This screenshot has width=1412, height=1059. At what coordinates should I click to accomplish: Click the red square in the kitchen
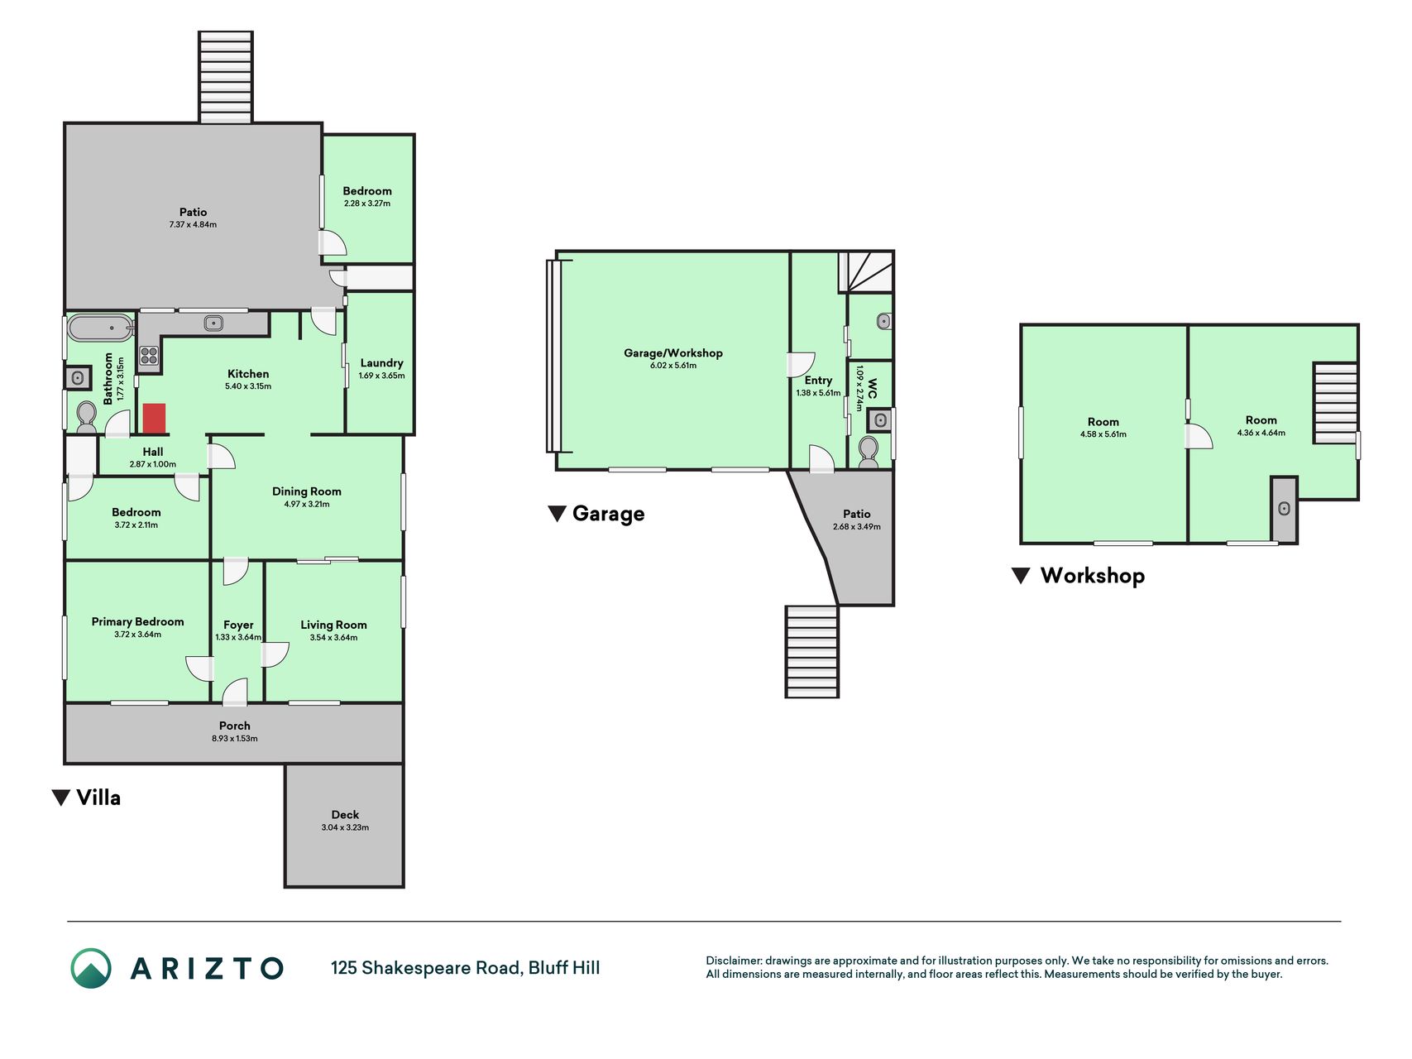[x=154, y=418]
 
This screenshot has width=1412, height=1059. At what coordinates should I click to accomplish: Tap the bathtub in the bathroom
[x=100, y=328]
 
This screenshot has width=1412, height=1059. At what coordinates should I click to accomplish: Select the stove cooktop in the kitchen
[x=149, y=356]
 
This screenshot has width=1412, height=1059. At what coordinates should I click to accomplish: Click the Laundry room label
[x=381, y=363]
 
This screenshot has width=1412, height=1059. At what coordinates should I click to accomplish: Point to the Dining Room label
[x=307, y=491]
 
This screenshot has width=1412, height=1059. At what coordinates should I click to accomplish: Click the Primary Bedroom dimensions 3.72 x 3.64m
[x=138, y=635]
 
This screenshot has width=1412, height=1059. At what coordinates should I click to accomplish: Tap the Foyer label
[x=238, y=625]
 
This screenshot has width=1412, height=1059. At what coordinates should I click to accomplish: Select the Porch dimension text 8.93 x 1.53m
[x=235, y=739]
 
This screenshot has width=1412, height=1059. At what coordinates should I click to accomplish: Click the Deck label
[x=345, y=815]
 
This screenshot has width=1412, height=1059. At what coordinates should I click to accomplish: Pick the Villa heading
[x=98, y=798]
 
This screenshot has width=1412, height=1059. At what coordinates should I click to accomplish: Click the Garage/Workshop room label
[x=673, y=353]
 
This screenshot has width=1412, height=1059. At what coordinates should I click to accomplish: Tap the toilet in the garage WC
[x=868, y=453]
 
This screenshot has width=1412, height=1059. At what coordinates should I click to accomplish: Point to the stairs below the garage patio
[x=811, y=651]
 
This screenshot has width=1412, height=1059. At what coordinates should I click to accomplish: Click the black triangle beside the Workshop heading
[x=1022, y=576]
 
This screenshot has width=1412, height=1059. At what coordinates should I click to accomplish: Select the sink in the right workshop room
[x=1284, y=508]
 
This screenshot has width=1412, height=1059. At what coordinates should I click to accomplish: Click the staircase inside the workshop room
[x=1335, y=403]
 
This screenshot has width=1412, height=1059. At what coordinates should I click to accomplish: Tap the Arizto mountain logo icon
[x=91, y=968]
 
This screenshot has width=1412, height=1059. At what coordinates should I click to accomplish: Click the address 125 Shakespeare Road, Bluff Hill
[x=466, y=968]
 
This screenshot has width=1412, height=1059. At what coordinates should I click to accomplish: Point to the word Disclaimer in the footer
[x=733, y=961]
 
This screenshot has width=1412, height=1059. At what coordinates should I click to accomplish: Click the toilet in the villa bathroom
[x=86, y=417]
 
